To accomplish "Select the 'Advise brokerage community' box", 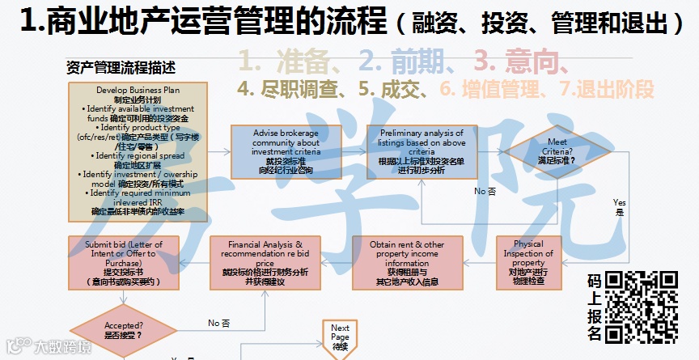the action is pos(274,152).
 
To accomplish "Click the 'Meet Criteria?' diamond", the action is pos(557,152).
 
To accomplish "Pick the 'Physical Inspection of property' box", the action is pos(528,263).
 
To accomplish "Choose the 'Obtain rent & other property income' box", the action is pos(407,263).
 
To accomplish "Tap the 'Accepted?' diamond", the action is pos(123,330).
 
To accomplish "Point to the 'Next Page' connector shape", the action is pos(340,338).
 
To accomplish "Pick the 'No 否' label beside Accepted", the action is pos(219,324).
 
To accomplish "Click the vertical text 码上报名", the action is pos(595,308).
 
